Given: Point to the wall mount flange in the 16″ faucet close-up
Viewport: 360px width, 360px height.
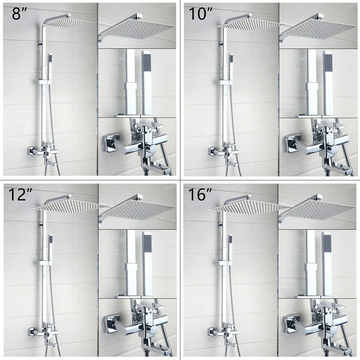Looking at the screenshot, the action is click(292, 325).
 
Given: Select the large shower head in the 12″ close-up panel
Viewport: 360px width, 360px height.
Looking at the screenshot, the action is click(137, 210).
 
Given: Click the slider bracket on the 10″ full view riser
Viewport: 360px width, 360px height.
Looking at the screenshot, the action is click(226, 82).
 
